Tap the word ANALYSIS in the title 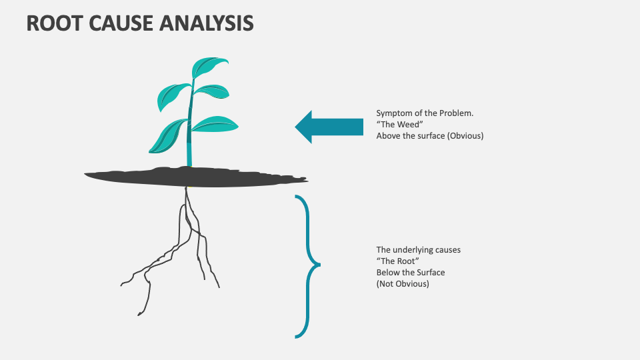pos(207,23)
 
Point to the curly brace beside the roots pos(308,265)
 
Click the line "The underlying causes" pos(418,250)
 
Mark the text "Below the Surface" pos(410,273)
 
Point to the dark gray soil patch pos(193,175)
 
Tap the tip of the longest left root pos(139,314)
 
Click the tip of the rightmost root pos(219,287)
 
